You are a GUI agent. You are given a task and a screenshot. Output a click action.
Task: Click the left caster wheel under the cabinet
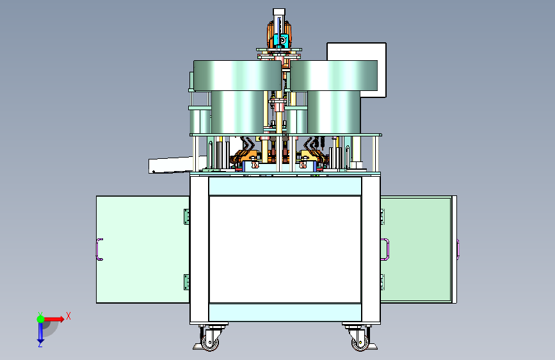209,342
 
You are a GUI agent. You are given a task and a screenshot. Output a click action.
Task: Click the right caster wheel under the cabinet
360,342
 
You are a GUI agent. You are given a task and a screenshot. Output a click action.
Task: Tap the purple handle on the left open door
99,249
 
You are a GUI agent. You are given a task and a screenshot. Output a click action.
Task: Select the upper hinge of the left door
186,217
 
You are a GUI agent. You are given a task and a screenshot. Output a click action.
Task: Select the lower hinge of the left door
186,282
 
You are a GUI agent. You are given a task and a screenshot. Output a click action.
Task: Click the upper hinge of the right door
383,217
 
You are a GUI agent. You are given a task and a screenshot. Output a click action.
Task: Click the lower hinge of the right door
383,282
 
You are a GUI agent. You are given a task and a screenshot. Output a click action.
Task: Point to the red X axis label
68,316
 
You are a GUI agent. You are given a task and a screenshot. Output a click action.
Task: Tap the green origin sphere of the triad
41,319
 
